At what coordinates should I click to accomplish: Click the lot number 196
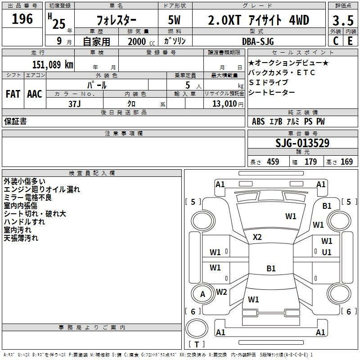tap(22, 19)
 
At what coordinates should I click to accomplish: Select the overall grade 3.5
tap(343, 20)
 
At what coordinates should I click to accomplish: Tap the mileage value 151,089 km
tap(53, 65)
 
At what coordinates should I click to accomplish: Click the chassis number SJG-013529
tap(302, 143)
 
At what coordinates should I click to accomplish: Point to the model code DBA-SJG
tap(258, 41)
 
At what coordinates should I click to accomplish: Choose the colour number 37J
tap(75, 104)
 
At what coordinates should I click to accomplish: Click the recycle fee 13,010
tap(225, 103)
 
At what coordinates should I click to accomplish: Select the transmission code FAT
tap(13, 94)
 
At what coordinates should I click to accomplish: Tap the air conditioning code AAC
tap(35, 94)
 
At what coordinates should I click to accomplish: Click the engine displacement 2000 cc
tap(141, 41)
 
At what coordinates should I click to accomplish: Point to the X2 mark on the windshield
tap(257, 237)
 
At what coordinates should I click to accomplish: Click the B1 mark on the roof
tap(271, 268)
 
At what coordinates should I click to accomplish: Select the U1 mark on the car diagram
tap(327, 252)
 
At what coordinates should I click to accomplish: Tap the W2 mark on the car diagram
tap(221, 292)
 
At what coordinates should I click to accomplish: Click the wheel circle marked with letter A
tap(203, 294)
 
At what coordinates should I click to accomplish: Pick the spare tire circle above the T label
tap(197, 328)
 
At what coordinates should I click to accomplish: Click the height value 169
tap(346, 162)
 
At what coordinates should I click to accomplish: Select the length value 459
tap(273, 162)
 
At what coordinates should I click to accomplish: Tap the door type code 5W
tap(174, 20)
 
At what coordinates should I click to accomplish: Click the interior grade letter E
tap(350, 41)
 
